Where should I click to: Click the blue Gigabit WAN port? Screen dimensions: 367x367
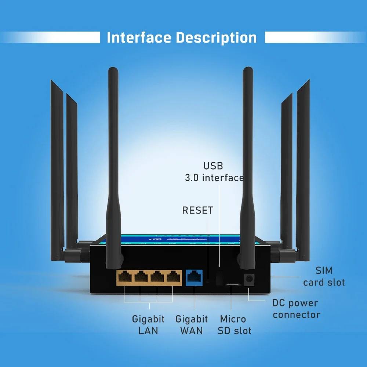click(194, 278)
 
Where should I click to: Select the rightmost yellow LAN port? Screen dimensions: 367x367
click(174, 278)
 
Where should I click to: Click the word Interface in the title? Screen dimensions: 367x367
click(139, 38)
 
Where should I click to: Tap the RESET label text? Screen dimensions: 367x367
click(197, 210)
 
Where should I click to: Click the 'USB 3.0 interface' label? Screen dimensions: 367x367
click(214, 172)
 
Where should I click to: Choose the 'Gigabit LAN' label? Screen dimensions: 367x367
click(148, 325)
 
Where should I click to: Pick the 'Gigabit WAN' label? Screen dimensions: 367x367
click(192, 325)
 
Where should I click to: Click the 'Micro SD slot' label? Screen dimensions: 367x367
click(234, 325)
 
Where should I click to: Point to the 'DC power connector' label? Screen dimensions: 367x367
click(296, 309)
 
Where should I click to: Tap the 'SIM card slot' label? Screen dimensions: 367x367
click(324, 276)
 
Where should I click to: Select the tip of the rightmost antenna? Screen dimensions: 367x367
click(308, 81)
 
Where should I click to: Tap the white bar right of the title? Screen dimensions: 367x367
click(316, 37)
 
